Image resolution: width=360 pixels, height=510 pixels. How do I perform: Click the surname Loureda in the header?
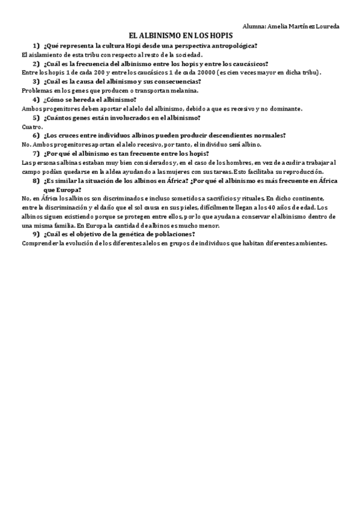pos(326,27)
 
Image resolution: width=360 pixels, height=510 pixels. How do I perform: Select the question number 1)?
pos(37,46)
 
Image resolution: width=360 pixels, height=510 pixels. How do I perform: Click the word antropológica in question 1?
pos(232,46)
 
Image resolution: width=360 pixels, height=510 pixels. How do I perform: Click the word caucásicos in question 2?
pos(248,64)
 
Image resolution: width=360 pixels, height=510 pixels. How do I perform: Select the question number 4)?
pos(37,99)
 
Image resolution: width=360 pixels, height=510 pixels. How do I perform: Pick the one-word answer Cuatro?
pos(32,127)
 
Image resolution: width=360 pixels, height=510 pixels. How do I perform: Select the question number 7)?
pos(37,153)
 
